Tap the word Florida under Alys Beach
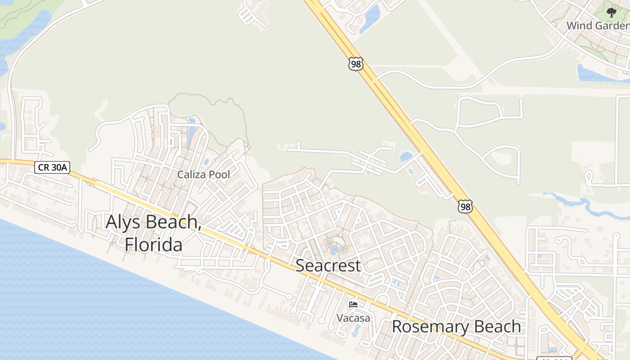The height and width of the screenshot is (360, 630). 154,245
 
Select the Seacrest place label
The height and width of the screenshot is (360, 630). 328,265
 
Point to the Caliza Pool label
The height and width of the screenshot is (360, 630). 203,175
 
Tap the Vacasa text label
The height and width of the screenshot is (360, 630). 354,318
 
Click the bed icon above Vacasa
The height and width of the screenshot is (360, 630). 353,305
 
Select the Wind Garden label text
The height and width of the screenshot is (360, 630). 598,26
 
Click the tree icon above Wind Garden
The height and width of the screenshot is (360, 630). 611,13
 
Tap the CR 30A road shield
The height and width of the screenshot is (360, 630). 53,167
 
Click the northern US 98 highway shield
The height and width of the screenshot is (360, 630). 355,64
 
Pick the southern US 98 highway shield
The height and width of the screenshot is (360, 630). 465,207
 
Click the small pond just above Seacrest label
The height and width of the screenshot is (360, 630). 335,247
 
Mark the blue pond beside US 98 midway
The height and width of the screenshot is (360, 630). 406,157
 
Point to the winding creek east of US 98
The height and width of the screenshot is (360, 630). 585,205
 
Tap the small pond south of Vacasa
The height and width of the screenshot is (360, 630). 356,331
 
